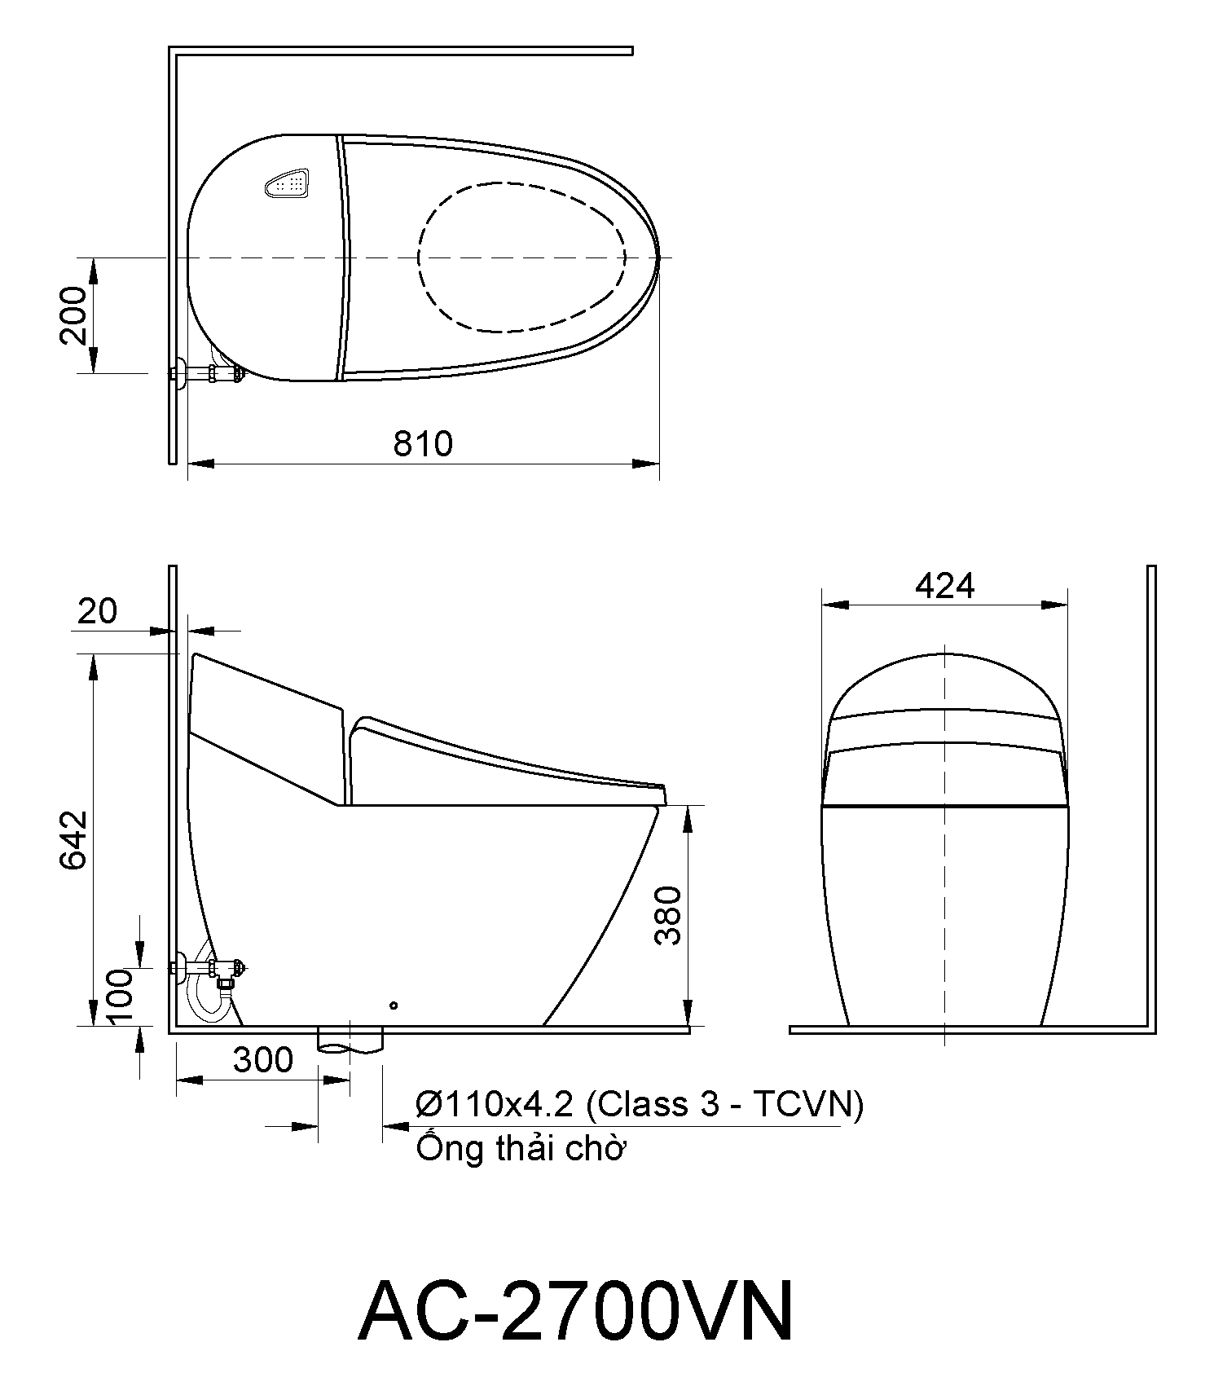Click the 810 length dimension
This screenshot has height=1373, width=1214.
[x=422, y=444]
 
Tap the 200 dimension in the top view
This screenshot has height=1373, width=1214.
[x=75, y=315]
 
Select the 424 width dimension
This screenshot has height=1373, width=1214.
[x=944, y=585]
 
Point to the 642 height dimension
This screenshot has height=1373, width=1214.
[x=75, y=839]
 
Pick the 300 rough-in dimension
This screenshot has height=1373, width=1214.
[x=262, y=1060]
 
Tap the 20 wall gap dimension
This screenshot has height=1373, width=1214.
[x=98, y=610]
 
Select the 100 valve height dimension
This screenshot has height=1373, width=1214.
[x=120, y=998]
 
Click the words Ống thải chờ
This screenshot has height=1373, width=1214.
[x=520, y=1149]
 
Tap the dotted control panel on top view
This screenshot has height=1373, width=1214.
[x=288, y=184]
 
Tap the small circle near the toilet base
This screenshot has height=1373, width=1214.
[x=393, y=1006]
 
